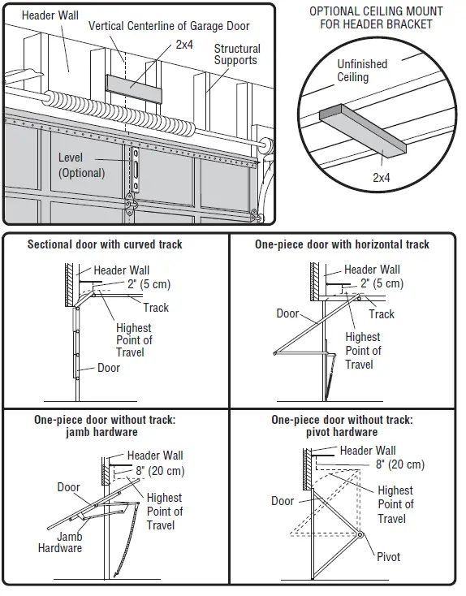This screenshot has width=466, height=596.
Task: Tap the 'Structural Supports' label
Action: coord(237,54)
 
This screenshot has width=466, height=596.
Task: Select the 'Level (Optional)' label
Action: coord(81,165)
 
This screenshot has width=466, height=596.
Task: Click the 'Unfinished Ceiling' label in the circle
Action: coord(362,71)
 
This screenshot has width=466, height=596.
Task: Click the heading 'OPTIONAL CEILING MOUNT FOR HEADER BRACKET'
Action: coord(377,18)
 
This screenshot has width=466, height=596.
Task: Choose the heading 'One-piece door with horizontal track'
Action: coord(342,244)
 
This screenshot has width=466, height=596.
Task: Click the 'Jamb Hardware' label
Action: coord(60,542)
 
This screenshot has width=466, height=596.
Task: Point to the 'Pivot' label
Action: coord(388,557)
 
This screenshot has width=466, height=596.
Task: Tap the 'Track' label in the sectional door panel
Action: coord(156,308)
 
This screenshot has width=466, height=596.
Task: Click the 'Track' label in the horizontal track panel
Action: coord(381,314)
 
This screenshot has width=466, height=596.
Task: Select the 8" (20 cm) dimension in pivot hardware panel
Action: coord(399,464)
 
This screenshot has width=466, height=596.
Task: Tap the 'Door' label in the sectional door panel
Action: coord(109,368)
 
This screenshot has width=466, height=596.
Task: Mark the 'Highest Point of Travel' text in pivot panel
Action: coord(395,504)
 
